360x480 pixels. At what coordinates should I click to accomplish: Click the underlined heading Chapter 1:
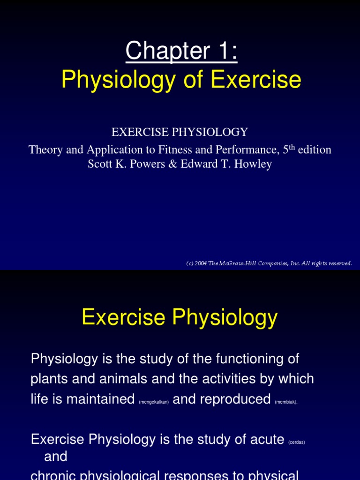pyautogui.click(x=181, y=51)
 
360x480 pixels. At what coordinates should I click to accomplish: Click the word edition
pyautogui.click(x=314, y=150)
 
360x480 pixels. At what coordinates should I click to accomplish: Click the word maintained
pyautogui.click(x=100, y=399)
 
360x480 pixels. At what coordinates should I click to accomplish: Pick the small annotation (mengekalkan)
pyautogui.click(x=154, y=402)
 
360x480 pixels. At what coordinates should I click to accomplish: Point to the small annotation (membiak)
pyautogui.click(x=286, y=402)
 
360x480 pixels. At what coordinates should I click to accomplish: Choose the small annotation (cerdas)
pyautogui.click(x=296, y=442)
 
